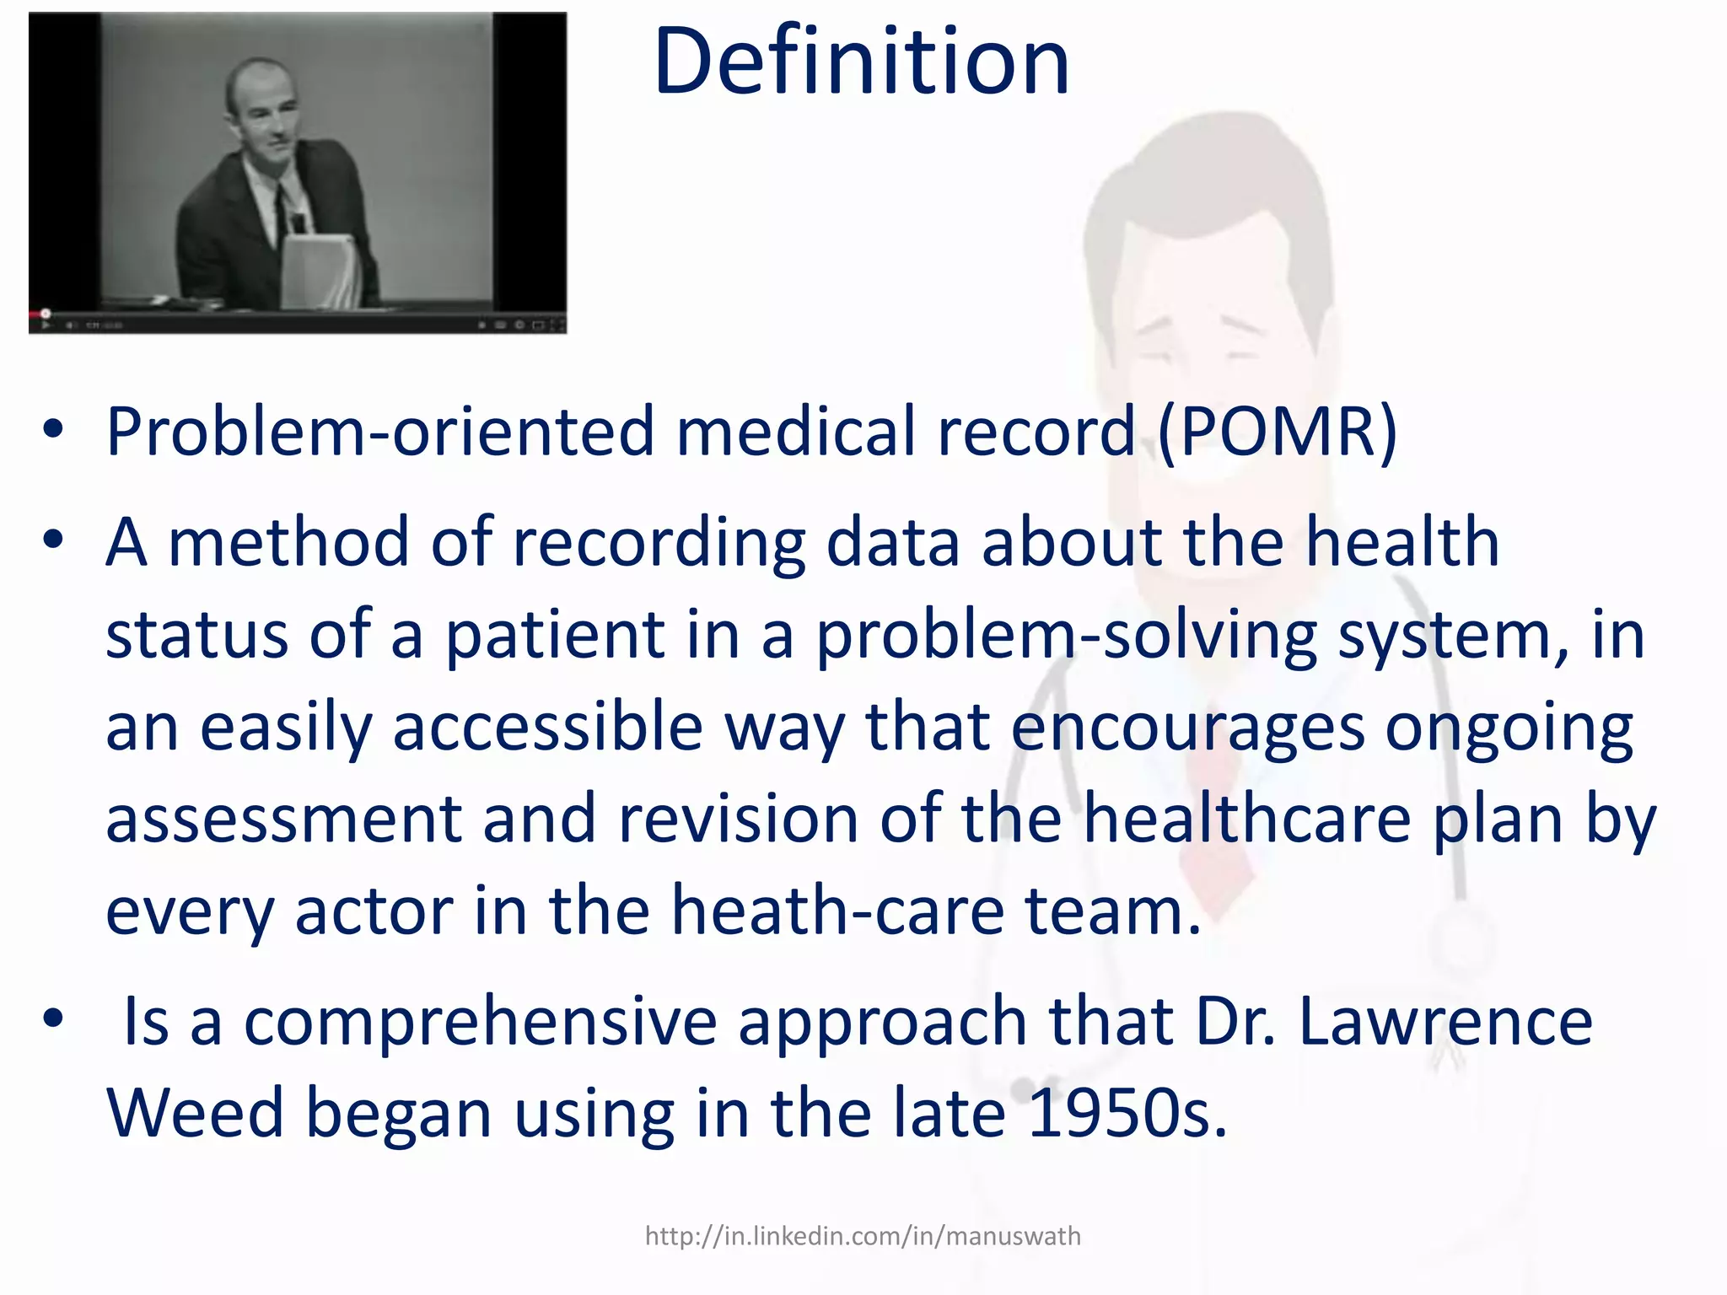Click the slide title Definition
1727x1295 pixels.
click(x=861, y=62)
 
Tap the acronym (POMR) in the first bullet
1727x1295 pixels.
click(x=1277, y=432)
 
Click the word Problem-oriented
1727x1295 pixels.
click(x=379, y=432)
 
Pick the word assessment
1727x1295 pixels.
click(x=283, y=819)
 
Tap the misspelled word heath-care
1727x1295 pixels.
click(x=837, y=911)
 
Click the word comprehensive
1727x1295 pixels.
click(x=480, y=1022)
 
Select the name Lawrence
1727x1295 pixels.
click(x=1445, y=1022)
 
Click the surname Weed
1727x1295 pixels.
click(x=195, y=1114)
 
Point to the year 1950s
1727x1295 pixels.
click(x=1127, y=1114)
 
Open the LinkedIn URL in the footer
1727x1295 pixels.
click(x=862, y=1236)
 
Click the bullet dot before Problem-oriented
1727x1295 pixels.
click(x=53, y=432)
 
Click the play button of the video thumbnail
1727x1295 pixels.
click(x=46, y=325)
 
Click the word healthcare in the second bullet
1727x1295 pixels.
click(x=1246, y=819)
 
